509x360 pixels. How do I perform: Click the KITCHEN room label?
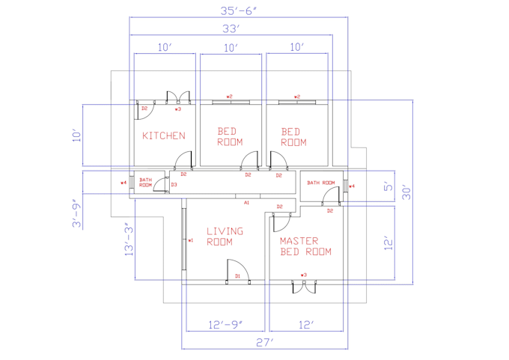[164, 135]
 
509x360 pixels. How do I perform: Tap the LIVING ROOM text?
[225, 237]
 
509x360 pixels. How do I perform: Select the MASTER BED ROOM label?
[305, 246]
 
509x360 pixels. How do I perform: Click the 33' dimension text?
[231, 29]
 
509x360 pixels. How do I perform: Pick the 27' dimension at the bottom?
[265, 342]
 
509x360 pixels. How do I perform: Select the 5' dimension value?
[388, 186]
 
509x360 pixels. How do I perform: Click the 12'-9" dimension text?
[225, 325]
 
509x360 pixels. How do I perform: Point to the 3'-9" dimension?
[75, 213]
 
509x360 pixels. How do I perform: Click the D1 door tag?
[237, 276]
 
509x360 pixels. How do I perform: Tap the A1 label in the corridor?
[246, 202]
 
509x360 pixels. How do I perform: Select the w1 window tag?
[191, 240]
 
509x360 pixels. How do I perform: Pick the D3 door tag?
[174, 185]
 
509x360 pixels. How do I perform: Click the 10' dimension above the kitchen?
[165, 47]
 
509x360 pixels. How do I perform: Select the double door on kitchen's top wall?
[177, 98]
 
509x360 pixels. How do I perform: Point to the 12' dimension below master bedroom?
[305, 325]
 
